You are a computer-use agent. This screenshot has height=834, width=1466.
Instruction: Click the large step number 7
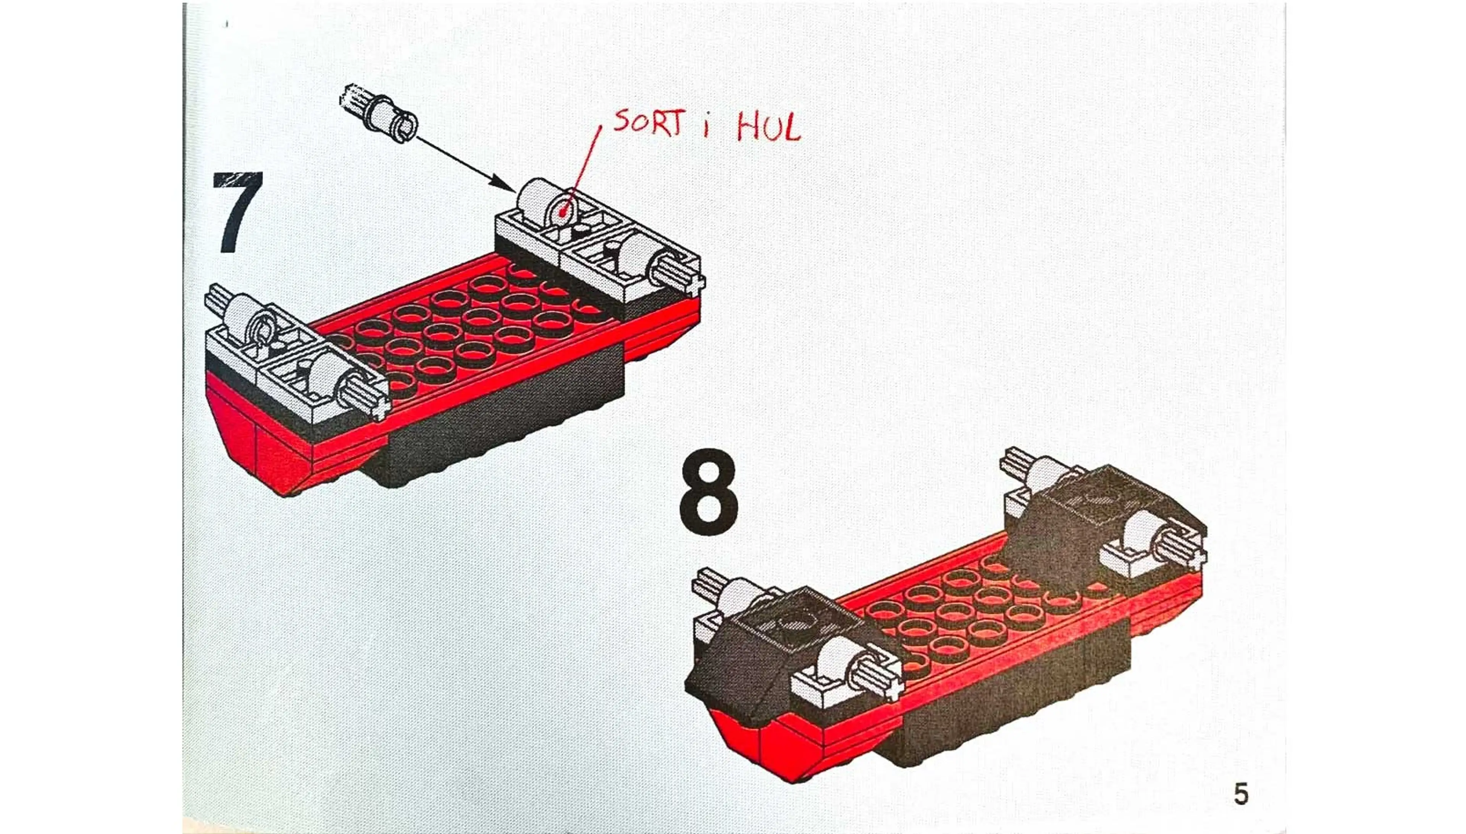[x=237, y=212]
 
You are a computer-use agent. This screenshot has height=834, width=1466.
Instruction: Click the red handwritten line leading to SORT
[x=588, y=166]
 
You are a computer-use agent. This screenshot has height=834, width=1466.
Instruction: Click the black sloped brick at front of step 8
[x=739, y=670]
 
